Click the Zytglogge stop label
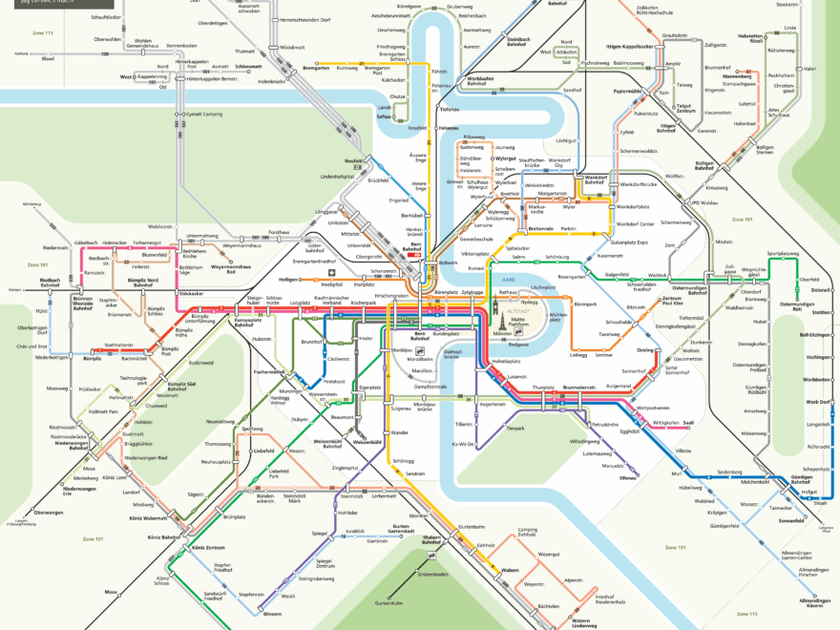472,291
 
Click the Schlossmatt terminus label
248,67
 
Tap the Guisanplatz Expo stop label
629,243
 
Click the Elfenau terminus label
627,476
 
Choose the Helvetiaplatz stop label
506,362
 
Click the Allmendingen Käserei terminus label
813,602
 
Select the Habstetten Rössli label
750,38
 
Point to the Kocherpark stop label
364,303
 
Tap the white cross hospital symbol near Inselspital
331,272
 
